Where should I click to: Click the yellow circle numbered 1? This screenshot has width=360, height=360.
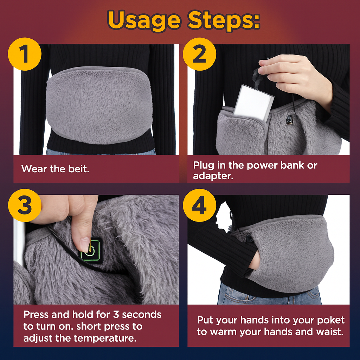point(25,54)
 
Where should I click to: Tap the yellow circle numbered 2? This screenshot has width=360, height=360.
point(199,54)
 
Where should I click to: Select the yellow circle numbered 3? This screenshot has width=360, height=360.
point(25,205)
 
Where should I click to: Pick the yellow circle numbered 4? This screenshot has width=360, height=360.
point(199,205)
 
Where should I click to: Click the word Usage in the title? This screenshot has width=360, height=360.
point(144,21)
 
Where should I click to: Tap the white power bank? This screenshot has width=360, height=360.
point(253,102)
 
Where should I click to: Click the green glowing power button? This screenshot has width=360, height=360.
point(90,250)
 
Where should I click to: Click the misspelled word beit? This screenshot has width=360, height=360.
point(78,169)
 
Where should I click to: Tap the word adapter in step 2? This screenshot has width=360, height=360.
point(213,176)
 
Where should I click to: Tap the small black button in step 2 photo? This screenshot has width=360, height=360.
point(289,120)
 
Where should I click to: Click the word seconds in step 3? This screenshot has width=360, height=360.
point(142,315)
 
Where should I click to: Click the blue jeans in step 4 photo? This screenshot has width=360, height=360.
point(269,296)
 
